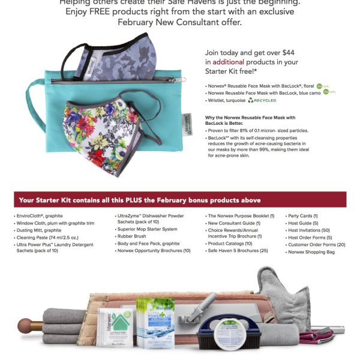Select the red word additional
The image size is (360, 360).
coord(227,62)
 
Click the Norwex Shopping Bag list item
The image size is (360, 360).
coord(311,252)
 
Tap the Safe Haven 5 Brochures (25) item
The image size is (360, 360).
coord(238,250)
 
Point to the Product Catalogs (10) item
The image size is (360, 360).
coord(232,244)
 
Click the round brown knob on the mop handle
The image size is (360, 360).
coord(25,326)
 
